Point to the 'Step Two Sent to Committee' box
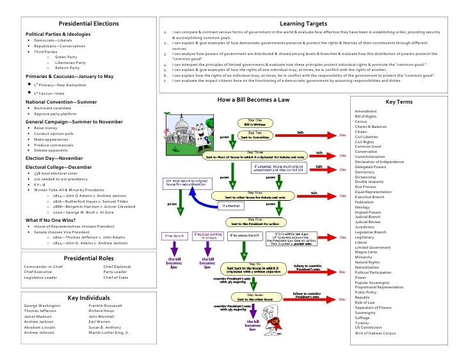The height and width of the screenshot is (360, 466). coord(255,135)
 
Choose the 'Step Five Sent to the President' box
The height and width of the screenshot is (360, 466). coord(254,222)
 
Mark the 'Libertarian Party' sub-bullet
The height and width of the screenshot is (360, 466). coord(70,63)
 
